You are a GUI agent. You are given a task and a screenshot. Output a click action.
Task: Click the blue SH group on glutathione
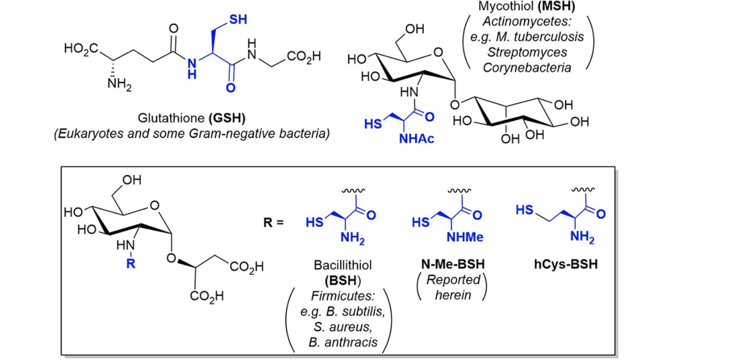click(x=238, y=19)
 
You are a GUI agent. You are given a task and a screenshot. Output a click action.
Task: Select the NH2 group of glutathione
click(x=120, y=84)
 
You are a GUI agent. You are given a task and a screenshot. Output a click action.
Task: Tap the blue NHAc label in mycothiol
click(x=417, y=138)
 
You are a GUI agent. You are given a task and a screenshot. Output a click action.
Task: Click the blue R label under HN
click(x=131, y=263)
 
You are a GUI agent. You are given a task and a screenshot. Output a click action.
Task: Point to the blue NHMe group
click(x=465, y=237)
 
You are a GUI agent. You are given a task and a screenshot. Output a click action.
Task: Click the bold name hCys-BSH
click(x=566, y=264)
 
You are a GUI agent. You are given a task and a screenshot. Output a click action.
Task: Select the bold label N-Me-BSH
click(x=453, y=264)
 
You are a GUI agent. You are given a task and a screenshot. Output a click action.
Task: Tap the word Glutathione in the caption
click(x=171, y=118)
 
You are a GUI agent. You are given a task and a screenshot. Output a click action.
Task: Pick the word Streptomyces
click(x=527, y=52)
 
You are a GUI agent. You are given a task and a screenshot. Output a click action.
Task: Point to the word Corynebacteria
click(x=527, y=67)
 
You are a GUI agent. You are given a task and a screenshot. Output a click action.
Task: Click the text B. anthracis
click(x=343, y=342)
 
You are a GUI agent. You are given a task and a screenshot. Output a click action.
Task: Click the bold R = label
click(x=273, y=223)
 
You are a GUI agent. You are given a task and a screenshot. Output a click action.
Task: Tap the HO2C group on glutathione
click(x=81, y=49)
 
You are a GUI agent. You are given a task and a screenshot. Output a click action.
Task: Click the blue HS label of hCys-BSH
click(x=524, y=210)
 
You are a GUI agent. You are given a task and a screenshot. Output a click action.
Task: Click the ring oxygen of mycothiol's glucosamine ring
click(x=438, y=53)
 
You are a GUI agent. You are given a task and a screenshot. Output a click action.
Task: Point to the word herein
click(x=453, y=295)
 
